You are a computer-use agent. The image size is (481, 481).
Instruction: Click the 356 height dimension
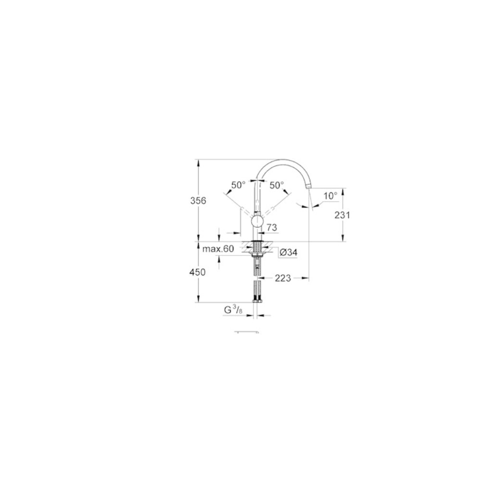(198, 201)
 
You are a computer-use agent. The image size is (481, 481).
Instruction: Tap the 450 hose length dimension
(198, 272)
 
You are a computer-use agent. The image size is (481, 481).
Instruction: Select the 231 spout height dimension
(342, 215)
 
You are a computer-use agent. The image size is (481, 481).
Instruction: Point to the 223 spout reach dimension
(282, 278)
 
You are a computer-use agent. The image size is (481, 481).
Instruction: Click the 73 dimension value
(271, 228)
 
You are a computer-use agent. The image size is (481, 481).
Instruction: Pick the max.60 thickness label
(218, 249)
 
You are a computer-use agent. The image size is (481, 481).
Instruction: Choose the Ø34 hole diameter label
(288, 253)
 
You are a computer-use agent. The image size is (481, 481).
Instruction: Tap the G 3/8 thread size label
(233, 310)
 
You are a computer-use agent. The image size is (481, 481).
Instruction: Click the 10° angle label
(330, 196)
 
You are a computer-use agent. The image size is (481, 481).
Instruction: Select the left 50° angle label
(239, 185)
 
